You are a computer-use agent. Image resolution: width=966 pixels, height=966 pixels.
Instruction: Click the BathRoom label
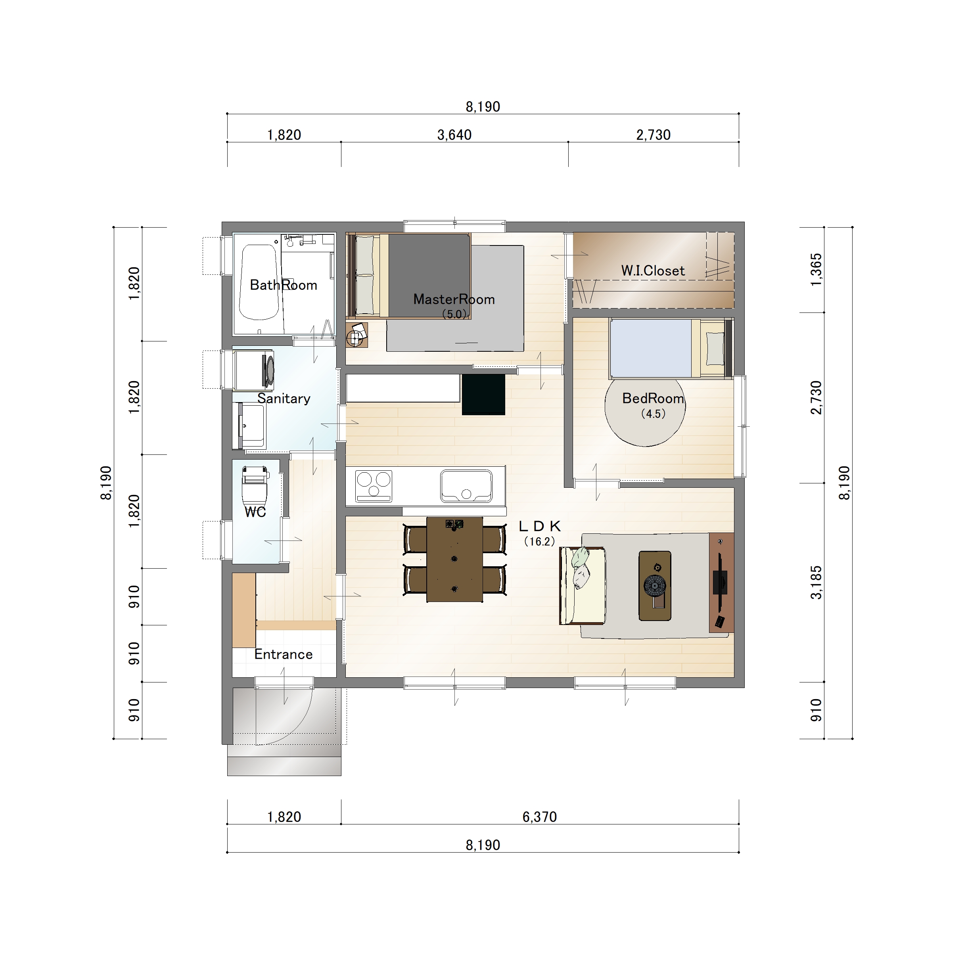click(284, 285)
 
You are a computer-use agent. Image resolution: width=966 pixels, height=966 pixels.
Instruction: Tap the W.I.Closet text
click(653, 270)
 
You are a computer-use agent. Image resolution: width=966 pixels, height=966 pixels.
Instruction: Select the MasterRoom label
click(454, 299)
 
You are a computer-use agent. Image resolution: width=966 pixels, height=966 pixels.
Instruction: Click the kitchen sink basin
click(466, 485)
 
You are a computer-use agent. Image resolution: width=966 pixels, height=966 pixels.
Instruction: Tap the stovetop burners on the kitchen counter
click(374, 485)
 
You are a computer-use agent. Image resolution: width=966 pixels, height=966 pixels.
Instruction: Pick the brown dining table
click(454, 560)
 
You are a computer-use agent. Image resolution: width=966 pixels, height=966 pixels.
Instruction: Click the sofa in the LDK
click(583, 585)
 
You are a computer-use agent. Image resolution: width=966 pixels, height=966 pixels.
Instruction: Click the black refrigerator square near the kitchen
click(483, 395)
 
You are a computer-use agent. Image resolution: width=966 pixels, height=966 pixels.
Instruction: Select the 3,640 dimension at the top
click(454, 134)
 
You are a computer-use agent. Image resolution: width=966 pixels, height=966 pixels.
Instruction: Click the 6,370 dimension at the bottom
click(539, 817)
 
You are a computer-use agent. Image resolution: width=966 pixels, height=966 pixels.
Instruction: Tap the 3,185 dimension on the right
click(816, 583)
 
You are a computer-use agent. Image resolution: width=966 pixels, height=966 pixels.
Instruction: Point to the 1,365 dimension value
click(816, 270)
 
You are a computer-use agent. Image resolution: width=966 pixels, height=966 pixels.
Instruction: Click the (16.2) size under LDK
click(539, 542)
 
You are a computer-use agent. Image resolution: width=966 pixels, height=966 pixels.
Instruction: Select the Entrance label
click(284, 654)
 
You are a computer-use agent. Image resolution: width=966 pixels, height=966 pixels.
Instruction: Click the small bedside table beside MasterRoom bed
click(357, 335)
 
